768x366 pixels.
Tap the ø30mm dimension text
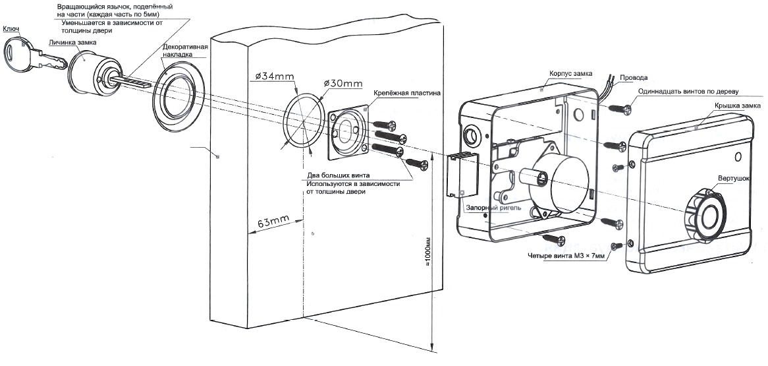[343, 84]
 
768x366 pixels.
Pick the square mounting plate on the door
[347, 129]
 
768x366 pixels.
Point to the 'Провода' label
[634, 78]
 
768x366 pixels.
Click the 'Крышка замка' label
[736, 106]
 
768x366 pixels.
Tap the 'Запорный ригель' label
[493, 208]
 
